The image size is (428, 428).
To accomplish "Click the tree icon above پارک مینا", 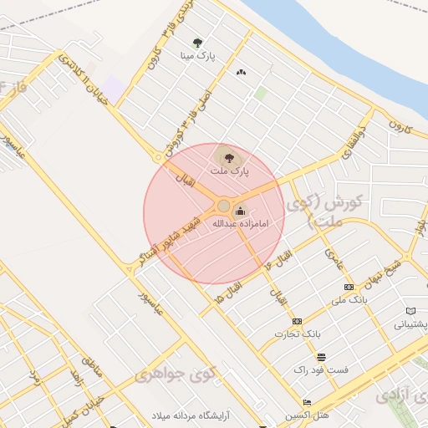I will coord(197,42).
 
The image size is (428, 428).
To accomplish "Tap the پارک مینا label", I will coord(197,56).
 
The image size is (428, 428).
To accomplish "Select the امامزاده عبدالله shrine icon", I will coord(242,211).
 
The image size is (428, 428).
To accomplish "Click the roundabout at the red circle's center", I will coord(223,206).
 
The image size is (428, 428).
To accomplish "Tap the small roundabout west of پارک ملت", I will coord(157,157).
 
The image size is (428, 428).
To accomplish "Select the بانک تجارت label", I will coord(297,334).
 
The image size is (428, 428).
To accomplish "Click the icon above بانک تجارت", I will coord(297,321).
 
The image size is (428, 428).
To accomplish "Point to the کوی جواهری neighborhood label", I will coord(175,374).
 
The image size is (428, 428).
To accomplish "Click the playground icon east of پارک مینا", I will coord(242,72).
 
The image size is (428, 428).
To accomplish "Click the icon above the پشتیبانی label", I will coord(410,311).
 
